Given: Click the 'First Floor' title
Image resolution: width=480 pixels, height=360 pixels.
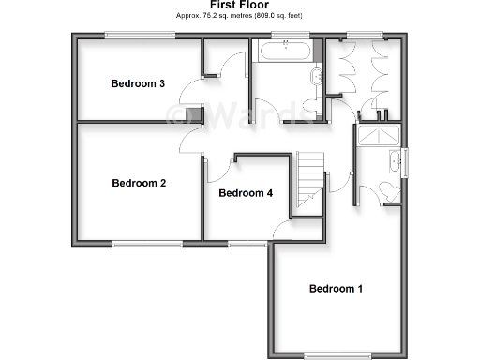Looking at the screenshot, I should tap(239, 6).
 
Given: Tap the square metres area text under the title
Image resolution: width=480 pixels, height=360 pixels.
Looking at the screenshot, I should tap(240, 16).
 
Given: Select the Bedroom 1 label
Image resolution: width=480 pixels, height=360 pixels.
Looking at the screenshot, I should tap(336, 288).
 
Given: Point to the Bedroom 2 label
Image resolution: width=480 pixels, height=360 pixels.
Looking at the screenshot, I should tap(139, 183).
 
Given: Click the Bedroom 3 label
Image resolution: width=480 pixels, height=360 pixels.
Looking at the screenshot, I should tap(138, 83).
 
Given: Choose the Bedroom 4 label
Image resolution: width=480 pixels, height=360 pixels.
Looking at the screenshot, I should tap(246, 193).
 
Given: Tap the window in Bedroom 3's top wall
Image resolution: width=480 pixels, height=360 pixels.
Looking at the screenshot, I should tap(139, 36).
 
